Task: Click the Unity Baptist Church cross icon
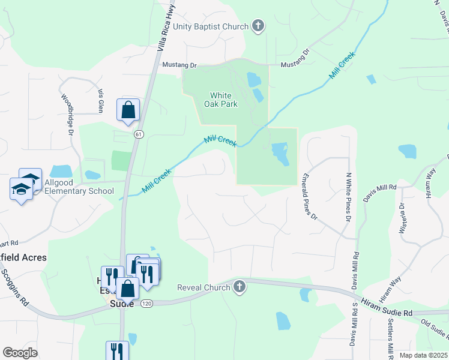(258, 26)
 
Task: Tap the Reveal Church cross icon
(240, 287)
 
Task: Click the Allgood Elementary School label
(79, 191)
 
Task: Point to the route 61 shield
(139, 134)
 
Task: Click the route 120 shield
(146, 304)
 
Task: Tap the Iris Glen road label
(101, 100)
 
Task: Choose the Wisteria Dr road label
(402, 215)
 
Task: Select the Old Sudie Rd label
(433, 329)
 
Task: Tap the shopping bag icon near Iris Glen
(128, 110)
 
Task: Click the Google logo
(20, 352)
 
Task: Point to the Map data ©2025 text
(423, 355)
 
